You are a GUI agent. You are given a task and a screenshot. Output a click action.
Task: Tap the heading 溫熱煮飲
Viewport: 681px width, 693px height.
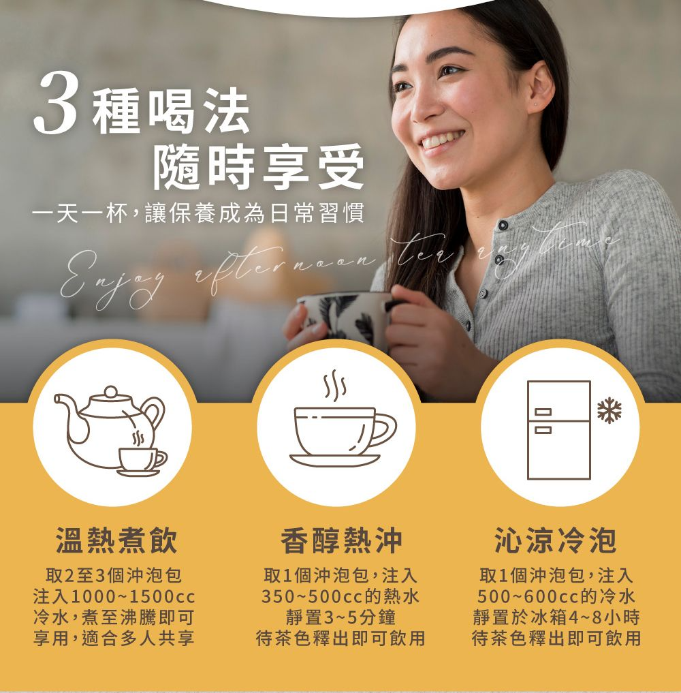[116, 540]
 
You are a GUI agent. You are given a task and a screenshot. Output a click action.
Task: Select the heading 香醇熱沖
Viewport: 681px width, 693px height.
[341, 540]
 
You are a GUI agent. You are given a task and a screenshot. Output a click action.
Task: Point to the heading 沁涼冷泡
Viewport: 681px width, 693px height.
[556, 540]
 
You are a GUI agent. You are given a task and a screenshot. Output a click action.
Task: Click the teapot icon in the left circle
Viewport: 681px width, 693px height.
[110, 431]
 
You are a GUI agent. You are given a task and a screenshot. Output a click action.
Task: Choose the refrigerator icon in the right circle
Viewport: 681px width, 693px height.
[558, 429]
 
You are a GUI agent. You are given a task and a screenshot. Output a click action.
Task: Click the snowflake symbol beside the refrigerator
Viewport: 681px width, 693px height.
[609, 410]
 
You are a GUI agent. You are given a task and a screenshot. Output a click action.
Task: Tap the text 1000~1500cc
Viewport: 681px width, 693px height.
[133, 596]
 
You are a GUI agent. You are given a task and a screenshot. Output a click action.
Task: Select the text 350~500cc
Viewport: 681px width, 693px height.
[312, 596]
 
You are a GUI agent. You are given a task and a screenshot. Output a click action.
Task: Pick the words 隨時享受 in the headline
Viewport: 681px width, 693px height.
[258, 167]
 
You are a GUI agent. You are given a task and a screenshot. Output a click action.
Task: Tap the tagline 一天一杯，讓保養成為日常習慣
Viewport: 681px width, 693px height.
[198, 213]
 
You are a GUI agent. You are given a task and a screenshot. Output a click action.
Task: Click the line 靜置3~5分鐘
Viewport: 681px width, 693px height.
[340, 617]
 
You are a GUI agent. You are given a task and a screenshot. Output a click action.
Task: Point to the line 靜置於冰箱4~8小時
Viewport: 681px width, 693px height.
[556, 617]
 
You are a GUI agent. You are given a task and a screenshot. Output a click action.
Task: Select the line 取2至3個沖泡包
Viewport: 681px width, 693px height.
[114, 575]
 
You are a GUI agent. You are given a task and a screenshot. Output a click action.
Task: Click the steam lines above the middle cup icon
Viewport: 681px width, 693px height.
[335, 384]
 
